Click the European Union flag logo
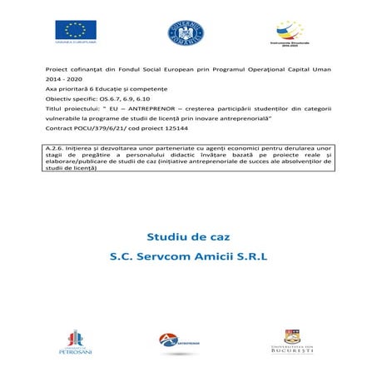75,30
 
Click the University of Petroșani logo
74,341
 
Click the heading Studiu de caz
188,236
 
